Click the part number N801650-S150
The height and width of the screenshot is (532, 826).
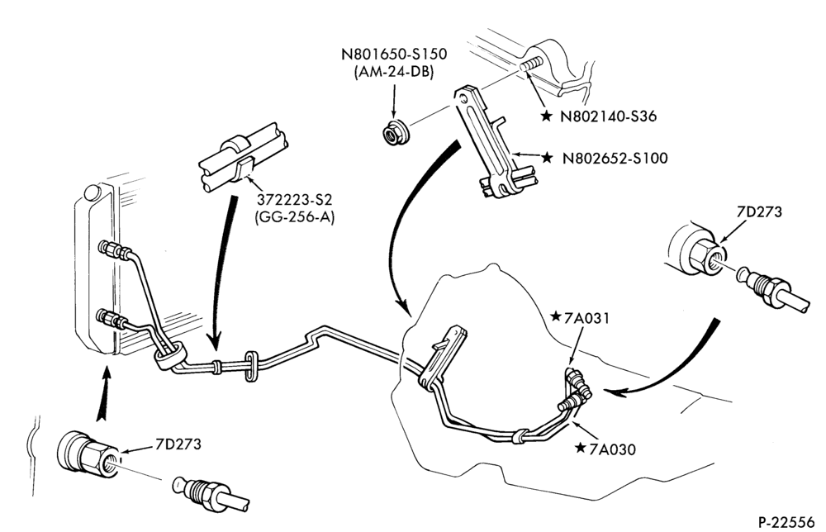pos(394,55)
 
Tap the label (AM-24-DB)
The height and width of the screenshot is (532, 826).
pos(394,72)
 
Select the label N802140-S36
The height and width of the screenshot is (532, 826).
pos(609,116)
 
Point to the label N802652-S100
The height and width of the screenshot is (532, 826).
pos(615,158)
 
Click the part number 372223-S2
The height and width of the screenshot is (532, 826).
pos(295,200)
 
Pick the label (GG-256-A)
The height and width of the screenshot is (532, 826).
pos(295,217)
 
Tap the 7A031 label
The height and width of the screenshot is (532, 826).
pos(586,318)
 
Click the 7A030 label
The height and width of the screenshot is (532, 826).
pos(613,449)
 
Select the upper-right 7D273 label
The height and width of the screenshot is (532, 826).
pos(759,211)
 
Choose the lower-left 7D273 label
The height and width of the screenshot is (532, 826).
pos(178,444)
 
